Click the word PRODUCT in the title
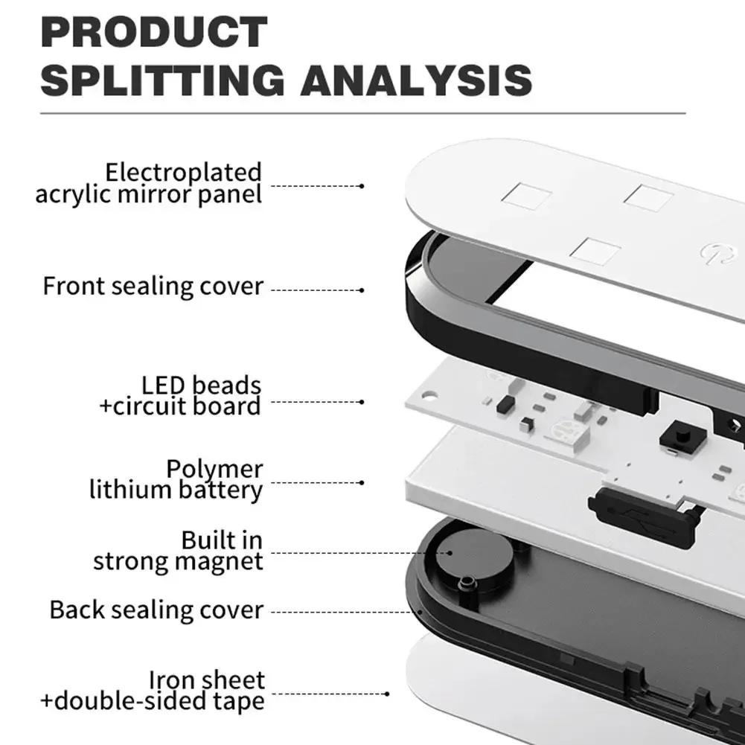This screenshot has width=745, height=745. pyautogui.click(x=154, y=32)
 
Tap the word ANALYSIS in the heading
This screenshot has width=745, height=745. pyautogui.click(x=416, y=80)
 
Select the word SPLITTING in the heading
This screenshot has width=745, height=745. pyautogui.click(x=162, y=80)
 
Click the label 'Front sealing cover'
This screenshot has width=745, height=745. pyautogui.click(x=153, y=287)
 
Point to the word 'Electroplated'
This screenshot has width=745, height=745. pyautogui.click(x=183, y=172)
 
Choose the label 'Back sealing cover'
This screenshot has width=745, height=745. pyautogui.click(x=156, y=610)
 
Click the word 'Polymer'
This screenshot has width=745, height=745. pyautogui.click(x=214, y=470)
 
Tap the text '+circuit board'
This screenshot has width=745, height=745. pyautogui.click(x=180, y=406)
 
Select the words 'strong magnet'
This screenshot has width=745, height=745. pyautogui.click(x=178, y=562)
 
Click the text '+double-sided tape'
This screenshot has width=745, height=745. pyautogui.click(x=153, y=701)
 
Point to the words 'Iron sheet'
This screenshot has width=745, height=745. pyautogui.click(x=207, y=680)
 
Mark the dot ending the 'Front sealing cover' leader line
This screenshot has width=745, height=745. pyautogui.click(x=362, y=290)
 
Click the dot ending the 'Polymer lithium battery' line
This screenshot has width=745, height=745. pyautogui.click(x=362, y=483)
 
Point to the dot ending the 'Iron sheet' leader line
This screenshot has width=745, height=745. pyautogui.click(x=387, y=694)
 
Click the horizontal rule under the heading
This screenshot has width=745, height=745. pyautogui.click(x=363, y=114)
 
